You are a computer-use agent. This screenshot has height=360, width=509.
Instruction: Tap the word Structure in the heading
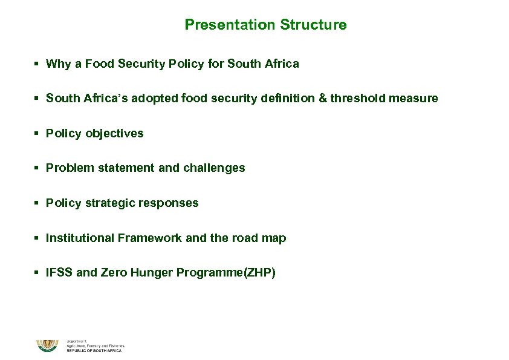pos(313,25)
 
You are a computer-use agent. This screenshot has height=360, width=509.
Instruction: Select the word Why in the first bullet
pos(58,64)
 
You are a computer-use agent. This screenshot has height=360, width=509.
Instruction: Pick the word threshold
pos(357,98)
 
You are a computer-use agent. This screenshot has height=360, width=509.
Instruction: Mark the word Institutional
pos(80,238)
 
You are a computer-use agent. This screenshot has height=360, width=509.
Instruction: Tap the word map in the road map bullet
pos(274,238)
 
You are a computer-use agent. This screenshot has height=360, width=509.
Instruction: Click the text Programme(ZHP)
pos(226,273)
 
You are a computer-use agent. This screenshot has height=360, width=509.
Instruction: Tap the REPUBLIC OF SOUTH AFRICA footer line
pos(94,351)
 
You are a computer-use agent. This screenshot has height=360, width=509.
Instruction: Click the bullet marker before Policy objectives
pos(37,133)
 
